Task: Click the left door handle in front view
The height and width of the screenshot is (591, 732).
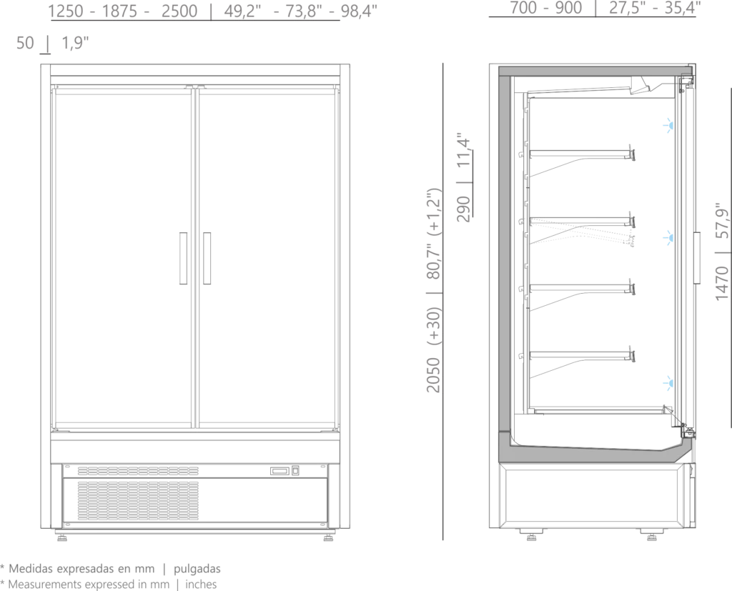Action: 184,258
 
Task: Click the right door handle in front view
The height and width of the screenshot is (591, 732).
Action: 207,258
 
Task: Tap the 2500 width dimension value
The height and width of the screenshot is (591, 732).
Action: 179,11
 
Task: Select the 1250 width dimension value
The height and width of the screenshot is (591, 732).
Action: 66,11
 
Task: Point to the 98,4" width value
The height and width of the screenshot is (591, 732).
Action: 359,11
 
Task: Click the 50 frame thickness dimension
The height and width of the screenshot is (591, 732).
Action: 25,43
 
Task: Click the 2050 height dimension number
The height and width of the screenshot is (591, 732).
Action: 434,375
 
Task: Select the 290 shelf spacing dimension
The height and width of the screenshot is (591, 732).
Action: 463,209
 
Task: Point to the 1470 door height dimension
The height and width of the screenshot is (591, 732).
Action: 722,284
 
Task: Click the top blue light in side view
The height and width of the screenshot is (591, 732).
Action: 669,125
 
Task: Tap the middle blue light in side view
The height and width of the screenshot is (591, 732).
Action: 669,238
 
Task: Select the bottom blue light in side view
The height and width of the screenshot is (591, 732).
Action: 669,383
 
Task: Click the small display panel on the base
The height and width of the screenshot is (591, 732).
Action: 280,471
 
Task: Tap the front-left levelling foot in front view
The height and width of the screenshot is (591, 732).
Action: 62,537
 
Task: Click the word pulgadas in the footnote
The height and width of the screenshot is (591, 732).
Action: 197,569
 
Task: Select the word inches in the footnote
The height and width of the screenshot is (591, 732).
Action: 201,585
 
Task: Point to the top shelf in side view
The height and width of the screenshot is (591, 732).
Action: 582,153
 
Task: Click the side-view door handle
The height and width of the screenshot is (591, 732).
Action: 697,258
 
